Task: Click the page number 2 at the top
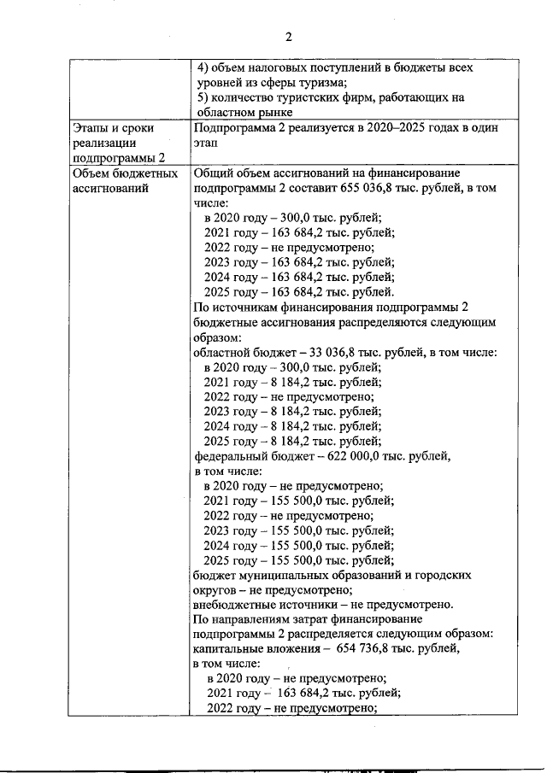288,37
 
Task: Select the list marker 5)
203,97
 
